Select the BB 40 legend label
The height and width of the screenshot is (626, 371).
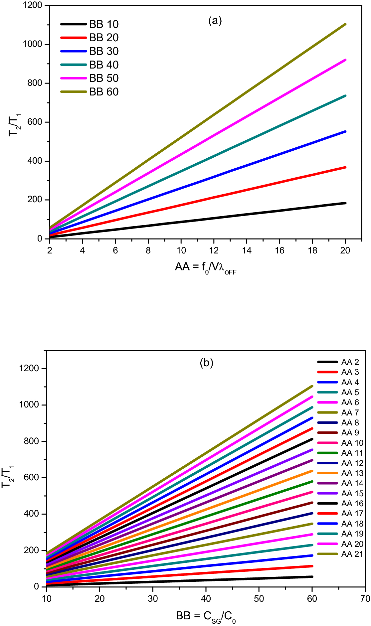click(x=103, y=65)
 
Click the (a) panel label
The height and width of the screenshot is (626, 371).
click(x=215, y=21)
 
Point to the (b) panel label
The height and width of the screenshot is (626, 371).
click(x=206, y=362)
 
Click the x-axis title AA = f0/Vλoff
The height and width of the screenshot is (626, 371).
click(x=206, y=267)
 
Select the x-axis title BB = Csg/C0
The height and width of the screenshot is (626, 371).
click(x=206, y=616)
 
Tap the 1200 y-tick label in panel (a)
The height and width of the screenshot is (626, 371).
click(x=33, y=5)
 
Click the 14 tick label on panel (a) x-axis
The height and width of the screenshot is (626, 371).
click(x=247, y=250)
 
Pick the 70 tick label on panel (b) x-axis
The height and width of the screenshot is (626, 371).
click(x=365, y=599)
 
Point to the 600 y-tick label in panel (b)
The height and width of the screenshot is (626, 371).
click(x=32, y=478)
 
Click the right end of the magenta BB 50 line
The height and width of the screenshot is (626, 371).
click(x=345, y=60)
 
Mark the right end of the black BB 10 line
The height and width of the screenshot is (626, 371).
click(x=345, y=203)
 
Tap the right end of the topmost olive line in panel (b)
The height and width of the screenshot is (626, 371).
click(x=312, y=386)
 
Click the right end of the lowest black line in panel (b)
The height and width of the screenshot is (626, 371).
click(x=312, y=577)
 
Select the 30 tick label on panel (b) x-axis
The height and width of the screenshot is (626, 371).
click(x=153, y=599)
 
